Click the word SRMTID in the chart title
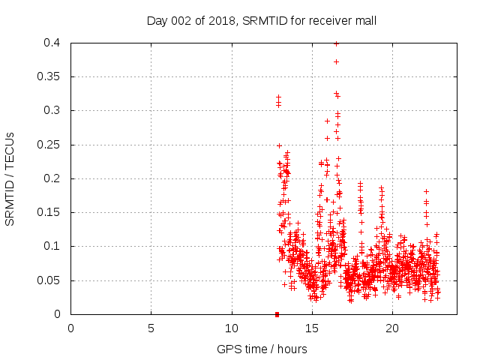tap(264, 20)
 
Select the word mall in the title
tap(364, 20)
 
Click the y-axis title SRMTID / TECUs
tap(10, 178)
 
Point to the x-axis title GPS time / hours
tap(262, 349)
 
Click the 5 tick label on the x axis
tap(151, 328)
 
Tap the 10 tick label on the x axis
tap(232, 328)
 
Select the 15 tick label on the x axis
tap(312, 328)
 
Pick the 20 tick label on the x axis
tap(392, 328)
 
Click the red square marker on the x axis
tap(277, 314)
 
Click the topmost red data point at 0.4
tap(336, 43)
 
